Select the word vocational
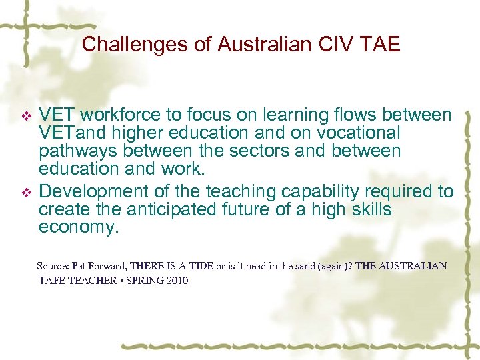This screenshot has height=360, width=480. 357,133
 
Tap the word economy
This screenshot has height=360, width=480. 78,227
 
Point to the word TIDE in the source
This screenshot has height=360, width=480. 201,265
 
